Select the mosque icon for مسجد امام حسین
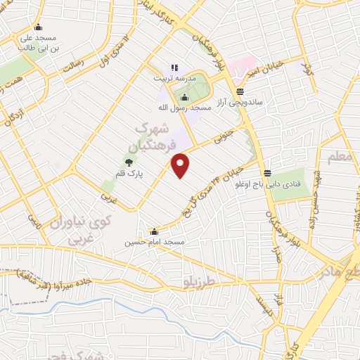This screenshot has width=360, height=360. (155, 232)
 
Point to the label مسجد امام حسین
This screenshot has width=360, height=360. (155, 242)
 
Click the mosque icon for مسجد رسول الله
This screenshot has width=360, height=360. (185, 97)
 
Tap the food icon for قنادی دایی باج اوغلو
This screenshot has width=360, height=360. (267, 174)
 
